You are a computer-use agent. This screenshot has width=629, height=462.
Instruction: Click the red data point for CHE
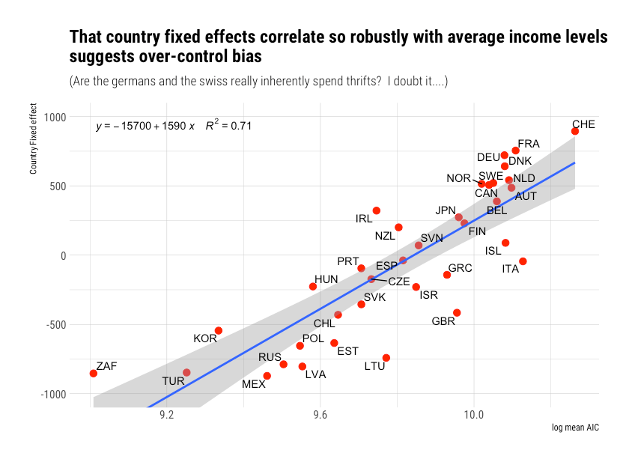pyautogui.click(x=574, y=131)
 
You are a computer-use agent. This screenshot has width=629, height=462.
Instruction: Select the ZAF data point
pyautogui.click(x=93, y=373)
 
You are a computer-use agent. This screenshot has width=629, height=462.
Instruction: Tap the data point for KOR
pyautogui.click(x=219, y=330)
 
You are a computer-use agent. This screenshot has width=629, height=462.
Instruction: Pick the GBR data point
pyautogui.click(x=457, y=313)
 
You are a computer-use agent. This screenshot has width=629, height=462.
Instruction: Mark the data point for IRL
pyautogui.click(x=377, y=210)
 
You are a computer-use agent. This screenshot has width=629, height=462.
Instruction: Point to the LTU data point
pyautogui.click(x=386, y=358)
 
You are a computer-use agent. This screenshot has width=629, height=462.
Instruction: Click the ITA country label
pyautogui.click(x=511, y=269)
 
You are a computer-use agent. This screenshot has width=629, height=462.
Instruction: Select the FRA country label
pyautogui.click(x=529, y=144)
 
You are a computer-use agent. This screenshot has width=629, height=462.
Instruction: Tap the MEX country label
pyautogui.click(x=253, y=385)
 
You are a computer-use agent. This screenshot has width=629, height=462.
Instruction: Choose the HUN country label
pyautogui.click(x=326, y=279)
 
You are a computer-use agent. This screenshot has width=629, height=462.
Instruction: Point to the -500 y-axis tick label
pyautogui.click(x=54, y=325)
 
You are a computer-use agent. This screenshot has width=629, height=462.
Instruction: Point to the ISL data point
pyautogui.click(x=505, y=243)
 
